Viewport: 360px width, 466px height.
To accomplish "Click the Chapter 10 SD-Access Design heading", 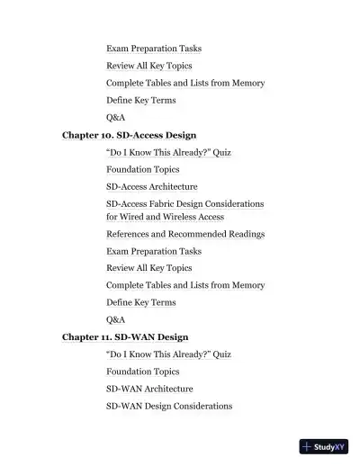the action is pyautogui.click(x=129, y=135).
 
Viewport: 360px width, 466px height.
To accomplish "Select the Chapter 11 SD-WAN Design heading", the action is pyautogui.click(x=125, y=337).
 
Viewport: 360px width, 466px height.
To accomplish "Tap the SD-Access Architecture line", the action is pyautogui.click(x=151, y=186).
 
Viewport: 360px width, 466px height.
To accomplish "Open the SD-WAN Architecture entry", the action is pyautogui.click(x=149, y=389).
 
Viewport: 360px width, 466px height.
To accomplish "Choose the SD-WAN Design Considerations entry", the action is pyautogui.click(x=169, y=406).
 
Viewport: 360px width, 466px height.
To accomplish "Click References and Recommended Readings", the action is pyautogui.click(x=185, y=234).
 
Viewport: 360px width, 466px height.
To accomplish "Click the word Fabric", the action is pyautogui.click(x=170, y=204).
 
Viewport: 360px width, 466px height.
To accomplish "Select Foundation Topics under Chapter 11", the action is pyautogui.click(x=142, y=372).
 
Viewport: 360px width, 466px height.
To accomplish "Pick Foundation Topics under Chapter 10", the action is pyautogui.click(x=142, y=169).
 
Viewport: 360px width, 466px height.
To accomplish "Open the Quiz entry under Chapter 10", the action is pyautogui.click(x=168, y=152).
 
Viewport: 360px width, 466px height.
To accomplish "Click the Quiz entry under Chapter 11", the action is pyautogui.click(x=168, y=354).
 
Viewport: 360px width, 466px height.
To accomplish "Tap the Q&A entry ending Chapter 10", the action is pyautogui.click(x=115, y=319).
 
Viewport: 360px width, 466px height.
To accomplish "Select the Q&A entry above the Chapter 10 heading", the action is pyautogui.click(x=115, y=117).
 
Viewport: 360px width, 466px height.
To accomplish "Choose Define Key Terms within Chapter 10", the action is pyautogui.click(x=140, y=302).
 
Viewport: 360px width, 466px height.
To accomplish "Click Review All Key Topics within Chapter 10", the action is pyautogui.click(x=148, y=268).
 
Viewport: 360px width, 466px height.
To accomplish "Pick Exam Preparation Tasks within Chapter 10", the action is pyautogui.click(x=154, y=251).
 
